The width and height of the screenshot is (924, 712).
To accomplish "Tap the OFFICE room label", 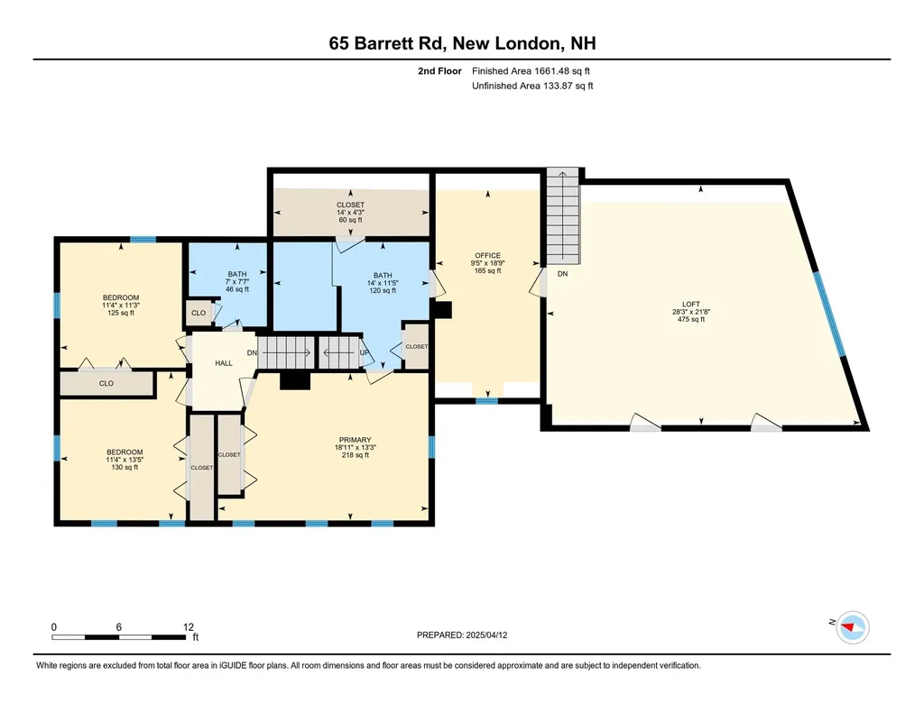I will [487, 256].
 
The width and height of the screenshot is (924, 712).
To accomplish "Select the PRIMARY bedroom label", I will [354, 440].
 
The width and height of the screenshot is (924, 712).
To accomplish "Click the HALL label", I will [224, 363].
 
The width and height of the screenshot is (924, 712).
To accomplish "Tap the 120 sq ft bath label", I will [383, 276].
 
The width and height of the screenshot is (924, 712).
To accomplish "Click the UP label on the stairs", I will [365, 352].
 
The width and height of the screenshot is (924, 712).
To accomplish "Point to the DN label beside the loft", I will [562, 273].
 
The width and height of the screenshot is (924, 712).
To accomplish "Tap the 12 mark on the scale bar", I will [188, 626].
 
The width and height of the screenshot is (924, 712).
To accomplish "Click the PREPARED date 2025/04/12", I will [468, 635].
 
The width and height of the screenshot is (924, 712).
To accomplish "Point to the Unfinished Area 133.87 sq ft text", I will [532, 86].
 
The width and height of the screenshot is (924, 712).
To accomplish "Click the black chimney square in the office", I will [441, 310].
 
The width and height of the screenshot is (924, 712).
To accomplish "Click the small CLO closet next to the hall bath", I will [198, 314].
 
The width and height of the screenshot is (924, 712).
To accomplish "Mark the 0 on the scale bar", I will [54, 626].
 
